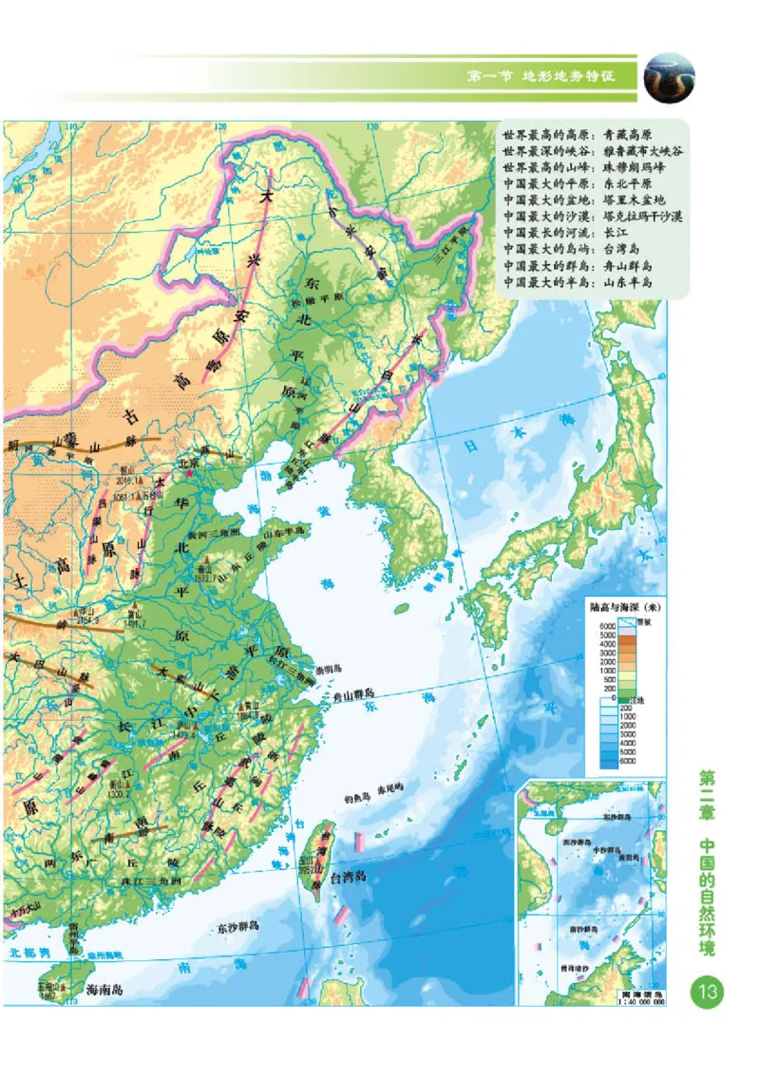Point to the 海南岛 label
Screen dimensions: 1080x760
click(105, 989)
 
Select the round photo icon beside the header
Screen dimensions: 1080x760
click(669, 77)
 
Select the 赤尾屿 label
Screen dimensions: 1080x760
click(390, 787)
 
